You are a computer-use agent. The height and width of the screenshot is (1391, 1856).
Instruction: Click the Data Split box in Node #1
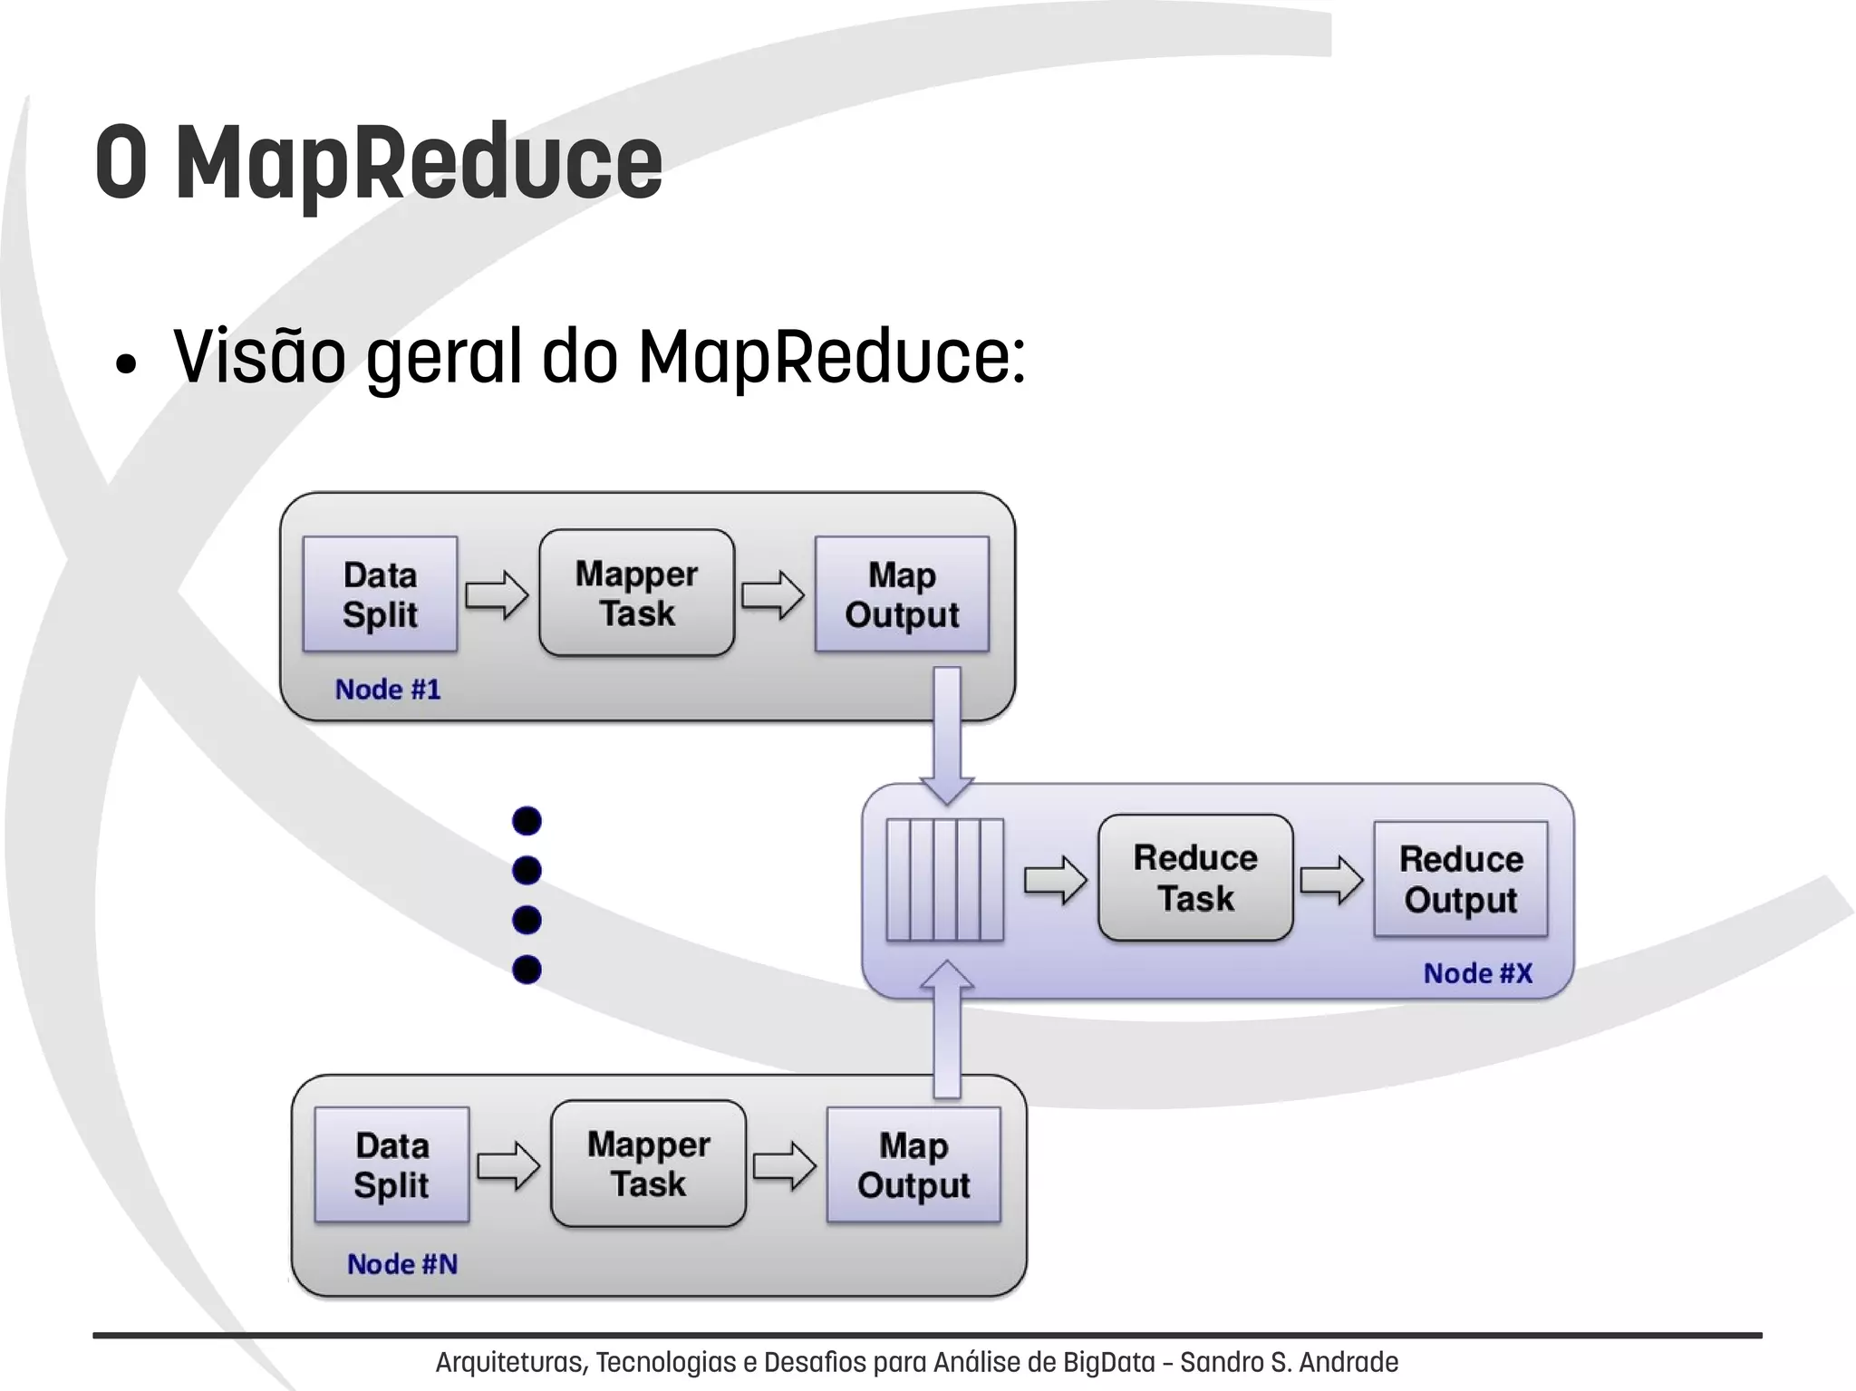coord(380,594)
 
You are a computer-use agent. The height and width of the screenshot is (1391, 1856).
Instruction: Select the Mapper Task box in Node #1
coord(636,594)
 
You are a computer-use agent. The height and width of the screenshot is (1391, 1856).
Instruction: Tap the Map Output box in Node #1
coord(902,594)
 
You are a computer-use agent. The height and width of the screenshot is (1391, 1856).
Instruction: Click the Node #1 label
coord(388,690)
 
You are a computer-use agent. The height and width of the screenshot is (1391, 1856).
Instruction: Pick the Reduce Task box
coord(1195,877)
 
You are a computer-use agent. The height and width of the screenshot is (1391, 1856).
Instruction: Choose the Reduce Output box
coord(1461,879)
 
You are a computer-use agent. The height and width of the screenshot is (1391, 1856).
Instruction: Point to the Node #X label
coord(1478,973)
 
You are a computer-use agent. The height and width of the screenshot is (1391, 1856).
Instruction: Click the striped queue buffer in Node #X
coord(945,880)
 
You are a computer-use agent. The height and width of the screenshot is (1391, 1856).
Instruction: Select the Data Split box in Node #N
coord(391,1165)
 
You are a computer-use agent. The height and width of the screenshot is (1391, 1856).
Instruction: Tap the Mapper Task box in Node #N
coord(648,1164)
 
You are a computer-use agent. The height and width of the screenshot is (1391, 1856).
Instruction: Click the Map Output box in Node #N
coord(913,1165)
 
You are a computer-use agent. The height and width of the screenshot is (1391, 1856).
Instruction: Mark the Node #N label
coord(402,1264)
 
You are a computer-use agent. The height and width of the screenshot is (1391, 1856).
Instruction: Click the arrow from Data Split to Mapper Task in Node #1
coord(497,595)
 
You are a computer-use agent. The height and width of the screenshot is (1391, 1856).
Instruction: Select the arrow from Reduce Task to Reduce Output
coord(1331,879)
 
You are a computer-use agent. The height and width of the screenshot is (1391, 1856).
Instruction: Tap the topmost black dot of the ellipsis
coord(527,821)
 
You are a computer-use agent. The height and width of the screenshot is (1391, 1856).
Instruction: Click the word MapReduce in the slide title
coord(419,163)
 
